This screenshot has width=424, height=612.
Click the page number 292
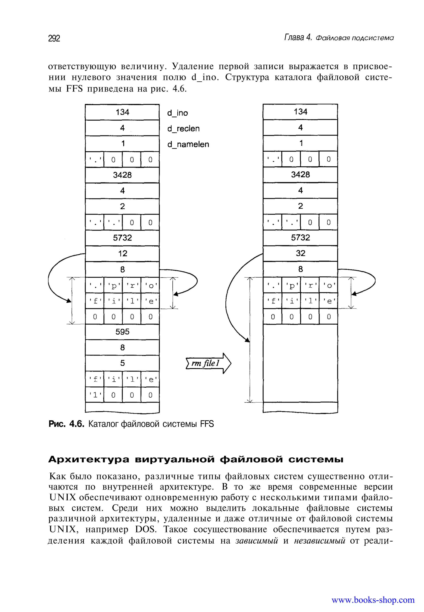pos(54,39)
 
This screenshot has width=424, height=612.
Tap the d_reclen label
pos(183,129)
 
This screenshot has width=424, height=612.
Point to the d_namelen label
pos(188,145)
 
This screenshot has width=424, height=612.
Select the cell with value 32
pos(300,253)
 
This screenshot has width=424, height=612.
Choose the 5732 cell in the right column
pos(300,237)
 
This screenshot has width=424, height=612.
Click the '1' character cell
pos(95,395)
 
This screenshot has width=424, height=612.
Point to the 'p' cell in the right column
pos(291,286)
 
